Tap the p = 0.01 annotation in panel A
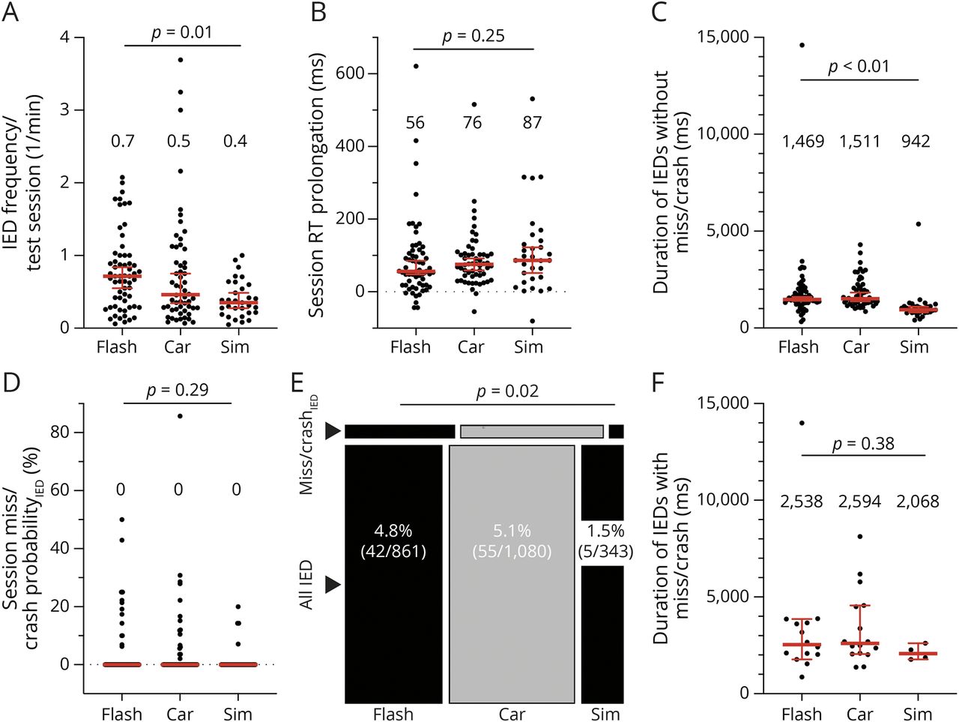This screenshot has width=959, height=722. [x=182, y=33]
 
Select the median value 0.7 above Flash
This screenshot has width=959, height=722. [x=122, y=142]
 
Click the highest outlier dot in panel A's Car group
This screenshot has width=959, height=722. [x=180, y=59]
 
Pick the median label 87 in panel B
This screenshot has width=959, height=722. [x=532, y=122]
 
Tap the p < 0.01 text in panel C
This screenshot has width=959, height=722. [x=859, y=67]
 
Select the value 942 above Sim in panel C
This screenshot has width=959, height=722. [x=916, y=142]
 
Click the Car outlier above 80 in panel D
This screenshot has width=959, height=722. [x=180, y=416]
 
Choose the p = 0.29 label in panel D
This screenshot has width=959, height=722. [x=177, y=390]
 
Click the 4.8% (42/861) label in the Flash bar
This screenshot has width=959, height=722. [x=393, y=541]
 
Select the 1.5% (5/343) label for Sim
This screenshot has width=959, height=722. [x=605, y=541]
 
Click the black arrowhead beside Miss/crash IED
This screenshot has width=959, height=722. [x=333, y=431]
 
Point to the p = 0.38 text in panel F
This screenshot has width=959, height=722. [x=863, y=444]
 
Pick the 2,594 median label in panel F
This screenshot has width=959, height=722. [x=860, y=502]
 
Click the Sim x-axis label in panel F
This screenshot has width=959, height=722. [x=917, y=714]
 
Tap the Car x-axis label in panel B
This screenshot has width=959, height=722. [x=471, y=347]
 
